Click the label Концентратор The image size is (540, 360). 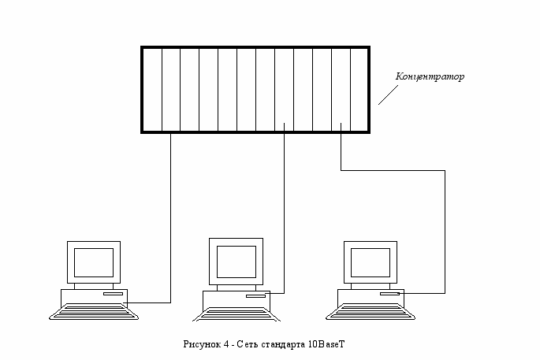[430, 77]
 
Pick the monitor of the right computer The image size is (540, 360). [371, 260]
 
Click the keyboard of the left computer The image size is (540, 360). [92, 312]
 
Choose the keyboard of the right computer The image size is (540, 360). [370, 312]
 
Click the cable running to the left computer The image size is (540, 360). [171, 221]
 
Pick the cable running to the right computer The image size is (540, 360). [445, 228]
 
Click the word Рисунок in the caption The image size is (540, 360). [199, 344]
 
